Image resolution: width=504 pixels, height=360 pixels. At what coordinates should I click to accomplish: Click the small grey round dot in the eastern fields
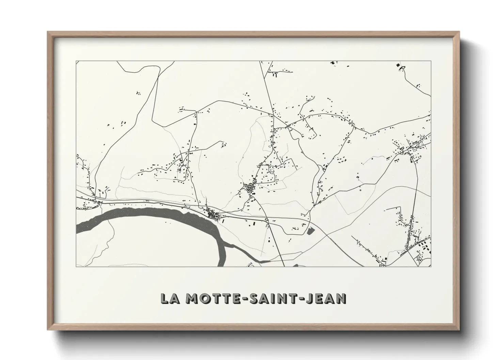(x=360, y=190)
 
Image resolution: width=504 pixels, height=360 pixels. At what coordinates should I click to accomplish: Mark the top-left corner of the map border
(x=76, y=61)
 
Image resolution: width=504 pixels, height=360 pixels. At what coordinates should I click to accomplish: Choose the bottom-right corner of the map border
(x=431, y=266)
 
